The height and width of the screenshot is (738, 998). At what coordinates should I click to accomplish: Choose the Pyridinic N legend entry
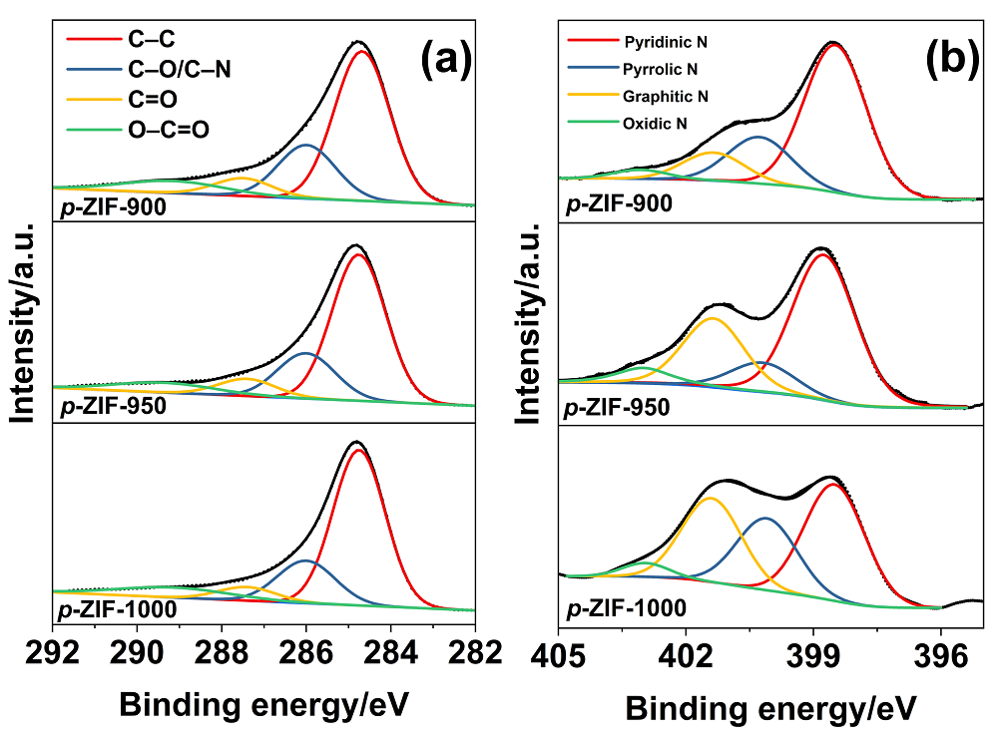pyautogui.click(x=667, y=43)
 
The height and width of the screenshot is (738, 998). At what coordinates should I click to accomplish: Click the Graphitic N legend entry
pyautogui.click(x=666, y=97)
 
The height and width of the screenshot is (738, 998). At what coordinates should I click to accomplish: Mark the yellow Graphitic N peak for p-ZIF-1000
pyautogui.click(x=710, y=499)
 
